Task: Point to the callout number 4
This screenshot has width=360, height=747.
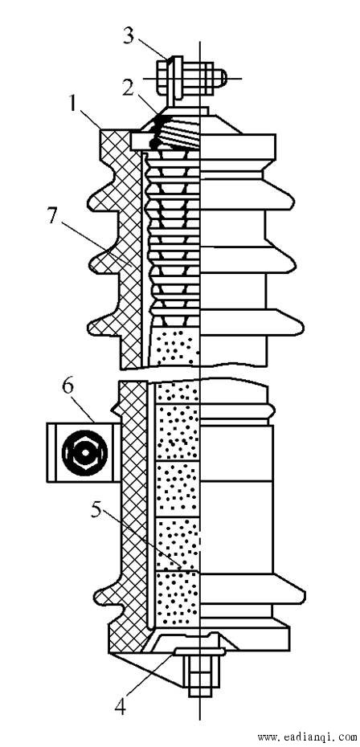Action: (121, 707)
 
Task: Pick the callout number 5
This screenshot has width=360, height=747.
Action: (96, 512)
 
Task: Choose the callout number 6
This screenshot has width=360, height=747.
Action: (67, 386)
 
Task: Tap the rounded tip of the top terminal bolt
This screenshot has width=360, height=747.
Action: (223, 77)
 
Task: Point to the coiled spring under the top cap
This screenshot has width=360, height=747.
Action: (179, 133)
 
